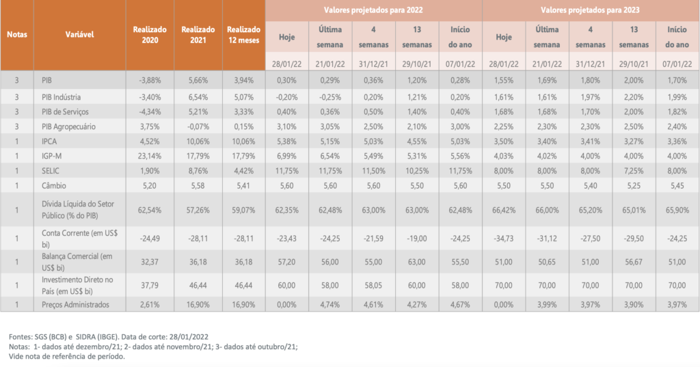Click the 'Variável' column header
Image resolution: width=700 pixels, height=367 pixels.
coord(80,34)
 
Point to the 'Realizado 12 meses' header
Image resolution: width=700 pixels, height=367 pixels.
coord(243,35)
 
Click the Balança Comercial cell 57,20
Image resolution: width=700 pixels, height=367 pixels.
coord(286,260)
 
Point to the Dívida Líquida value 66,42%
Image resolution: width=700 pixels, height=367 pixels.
coord(504,208)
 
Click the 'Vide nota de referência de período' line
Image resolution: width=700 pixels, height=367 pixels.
coord(67,356)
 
